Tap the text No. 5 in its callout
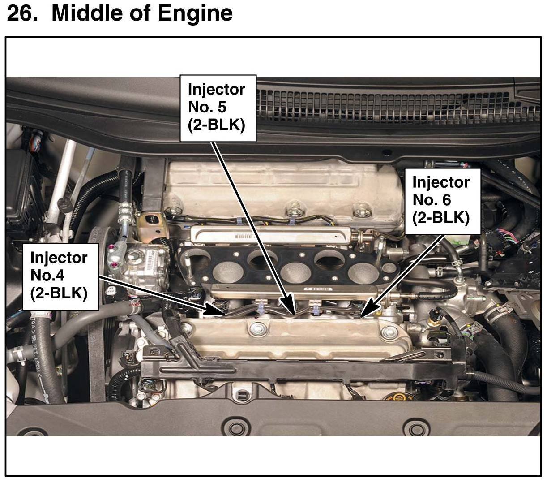pyautogui.click(x=207, y=107)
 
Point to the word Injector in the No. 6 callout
pyautogui.click(x=441, y=182)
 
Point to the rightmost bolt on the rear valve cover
pyautogui.click(x=359, y=209)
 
